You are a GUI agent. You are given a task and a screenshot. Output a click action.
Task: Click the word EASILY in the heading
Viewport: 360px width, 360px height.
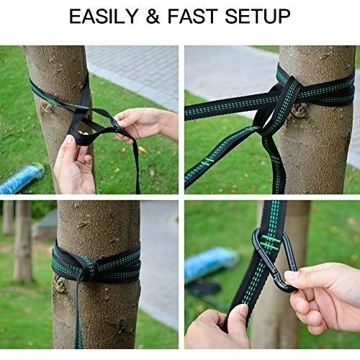tap(103, 16)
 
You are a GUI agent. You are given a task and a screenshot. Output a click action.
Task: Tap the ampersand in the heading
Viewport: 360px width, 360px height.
tap(153, 16)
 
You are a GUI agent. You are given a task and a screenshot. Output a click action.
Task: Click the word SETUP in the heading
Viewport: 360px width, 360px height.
tap(257, 16)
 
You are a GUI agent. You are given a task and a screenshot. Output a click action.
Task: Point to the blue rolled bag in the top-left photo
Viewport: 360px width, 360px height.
tap(22, 178)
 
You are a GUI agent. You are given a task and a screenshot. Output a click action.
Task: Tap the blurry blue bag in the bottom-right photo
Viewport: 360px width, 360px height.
tap(211, 265)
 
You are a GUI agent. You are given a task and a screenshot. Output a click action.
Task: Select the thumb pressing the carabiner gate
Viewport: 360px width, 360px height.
tap(294, 276)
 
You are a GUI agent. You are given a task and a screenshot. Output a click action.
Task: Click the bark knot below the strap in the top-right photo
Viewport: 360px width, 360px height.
tap(299, 111)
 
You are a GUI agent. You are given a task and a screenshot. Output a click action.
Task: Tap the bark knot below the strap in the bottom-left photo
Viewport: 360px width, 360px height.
tap(59, 284)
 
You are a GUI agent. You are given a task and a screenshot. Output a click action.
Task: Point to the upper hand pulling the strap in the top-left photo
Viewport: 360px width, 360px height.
tap(146, 125)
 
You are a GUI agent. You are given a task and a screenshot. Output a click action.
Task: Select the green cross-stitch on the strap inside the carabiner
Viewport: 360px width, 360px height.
tap(271, 242)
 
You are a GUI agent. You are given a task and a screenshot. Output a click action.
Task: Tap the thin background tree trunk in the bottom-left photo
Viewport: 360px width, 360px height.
tap(23, 240)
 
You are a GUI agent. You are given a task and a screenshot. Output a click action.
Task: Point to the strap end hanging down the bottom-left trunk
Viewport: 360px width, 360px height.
tap(78, 312)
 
